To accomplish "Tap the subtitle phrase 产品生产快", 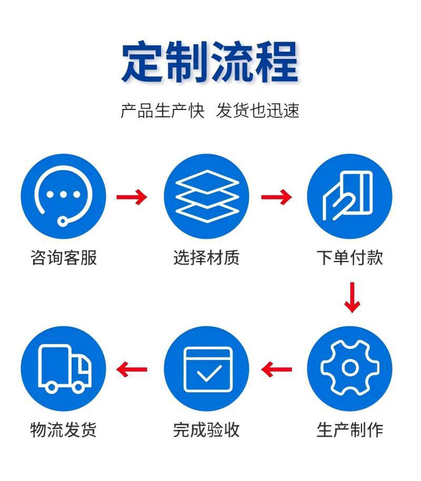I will [162, 111].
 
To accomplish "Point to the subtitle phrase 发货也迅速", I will [258, 111].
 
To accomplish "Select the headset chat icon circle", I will [63, 197].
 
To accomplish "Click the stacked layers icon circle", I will [206, 197].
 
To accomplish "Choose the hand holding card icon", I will [349, 197].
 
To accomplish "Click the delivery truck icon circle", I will [63, 368].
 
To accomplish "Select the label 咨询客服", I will [64, 257].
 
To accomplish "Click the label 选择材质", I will [206, 257].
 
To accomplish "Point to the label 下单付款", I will [349, 257].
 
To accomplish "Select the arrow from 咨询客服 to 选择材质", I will [132, 197].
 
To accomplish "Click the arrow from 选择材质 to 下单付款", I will [276, 197].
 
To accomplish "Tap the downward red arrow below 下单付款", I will [352, 297].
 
